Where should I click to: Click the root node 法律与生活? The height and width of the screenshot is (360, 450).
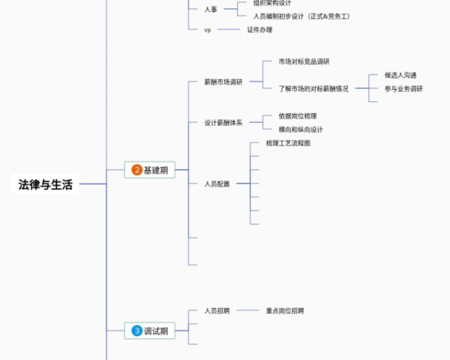click(46, 184)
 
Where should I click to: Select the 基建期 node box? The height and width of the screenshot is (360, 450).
click(149, 170)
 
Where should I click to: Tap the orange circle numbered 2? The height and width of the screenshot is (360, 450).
click(136, 170)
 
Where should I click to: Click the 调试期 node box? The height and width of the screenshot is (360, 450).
click(149, 330)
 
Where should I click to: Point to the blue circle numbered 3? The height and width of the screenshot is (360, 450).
click(136, 330)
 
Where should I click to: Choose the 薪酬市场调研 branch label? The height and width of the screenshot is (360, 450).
click(223, 82)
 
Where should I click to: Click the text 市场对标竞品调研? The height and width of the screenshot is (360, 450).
click(304, 61)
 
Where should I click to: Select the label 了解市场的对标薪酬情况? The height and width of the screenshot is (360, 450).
click(313, 88)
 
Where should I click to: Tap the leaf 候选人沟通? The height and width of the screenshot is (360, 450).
click(400, 75)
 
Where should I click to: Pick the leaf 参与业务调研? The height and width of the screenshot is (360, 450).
click(403, 88)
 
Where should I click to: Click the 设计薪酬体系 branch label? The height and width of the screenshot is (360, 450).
click(223, 123)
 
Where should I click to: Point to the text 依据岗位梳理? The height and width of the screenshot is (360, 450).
click(298, 116)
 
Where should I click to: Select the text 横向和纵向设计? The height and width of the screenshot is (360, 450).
click(301, 130)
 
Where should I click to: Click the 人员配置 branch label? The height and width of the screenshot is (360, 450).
click(217, 184)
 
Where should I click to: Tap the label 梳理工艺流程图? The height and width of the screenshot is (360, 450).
click(288, 142)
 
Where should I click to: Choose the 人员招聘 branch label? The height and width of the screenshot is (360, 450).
click(217, 310)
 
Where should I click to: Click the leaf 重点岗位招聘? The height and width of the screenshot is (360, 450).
click(285, 310)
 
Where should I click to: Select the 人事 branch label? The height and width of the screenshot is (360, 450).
click(211, 9)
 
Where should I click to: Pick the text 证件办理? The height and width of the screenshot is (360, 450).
click(259, 30)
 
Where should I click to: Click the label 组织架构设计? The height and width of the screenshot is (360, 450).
click(272, 3)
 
